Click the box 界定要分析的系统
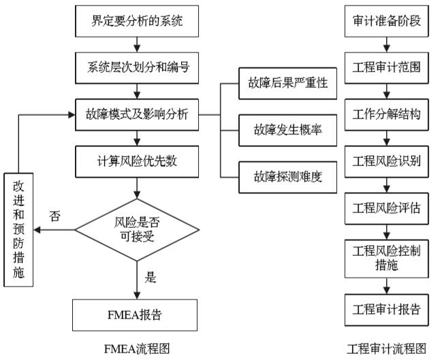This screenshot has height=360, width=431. tap(138, 21)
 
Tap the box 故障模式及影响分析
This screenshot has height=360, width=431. tap(138, 114)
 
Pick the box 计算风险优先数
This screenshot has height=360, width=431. tap(138, 161)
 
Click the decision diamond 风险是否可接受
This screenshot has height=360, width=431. tap(138, 229)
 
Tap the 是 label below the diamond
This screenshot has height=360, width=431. tap(151, 277)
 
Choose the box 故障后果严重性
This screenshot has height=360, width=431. tap(288, 84)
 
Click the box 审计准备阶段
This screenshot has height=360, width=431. tap(386, 21)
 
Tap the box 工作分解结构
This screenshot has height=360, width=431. tap(386, 114)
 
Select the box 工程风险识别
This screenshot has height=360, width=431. tap(386, 161)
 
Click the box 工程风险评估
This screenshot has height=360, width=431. tap(386, 208)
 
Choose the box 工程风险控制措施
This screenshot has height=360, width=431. tap(386, 258)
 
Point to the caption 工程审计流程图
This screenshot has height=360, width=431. tap(386, 349)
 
